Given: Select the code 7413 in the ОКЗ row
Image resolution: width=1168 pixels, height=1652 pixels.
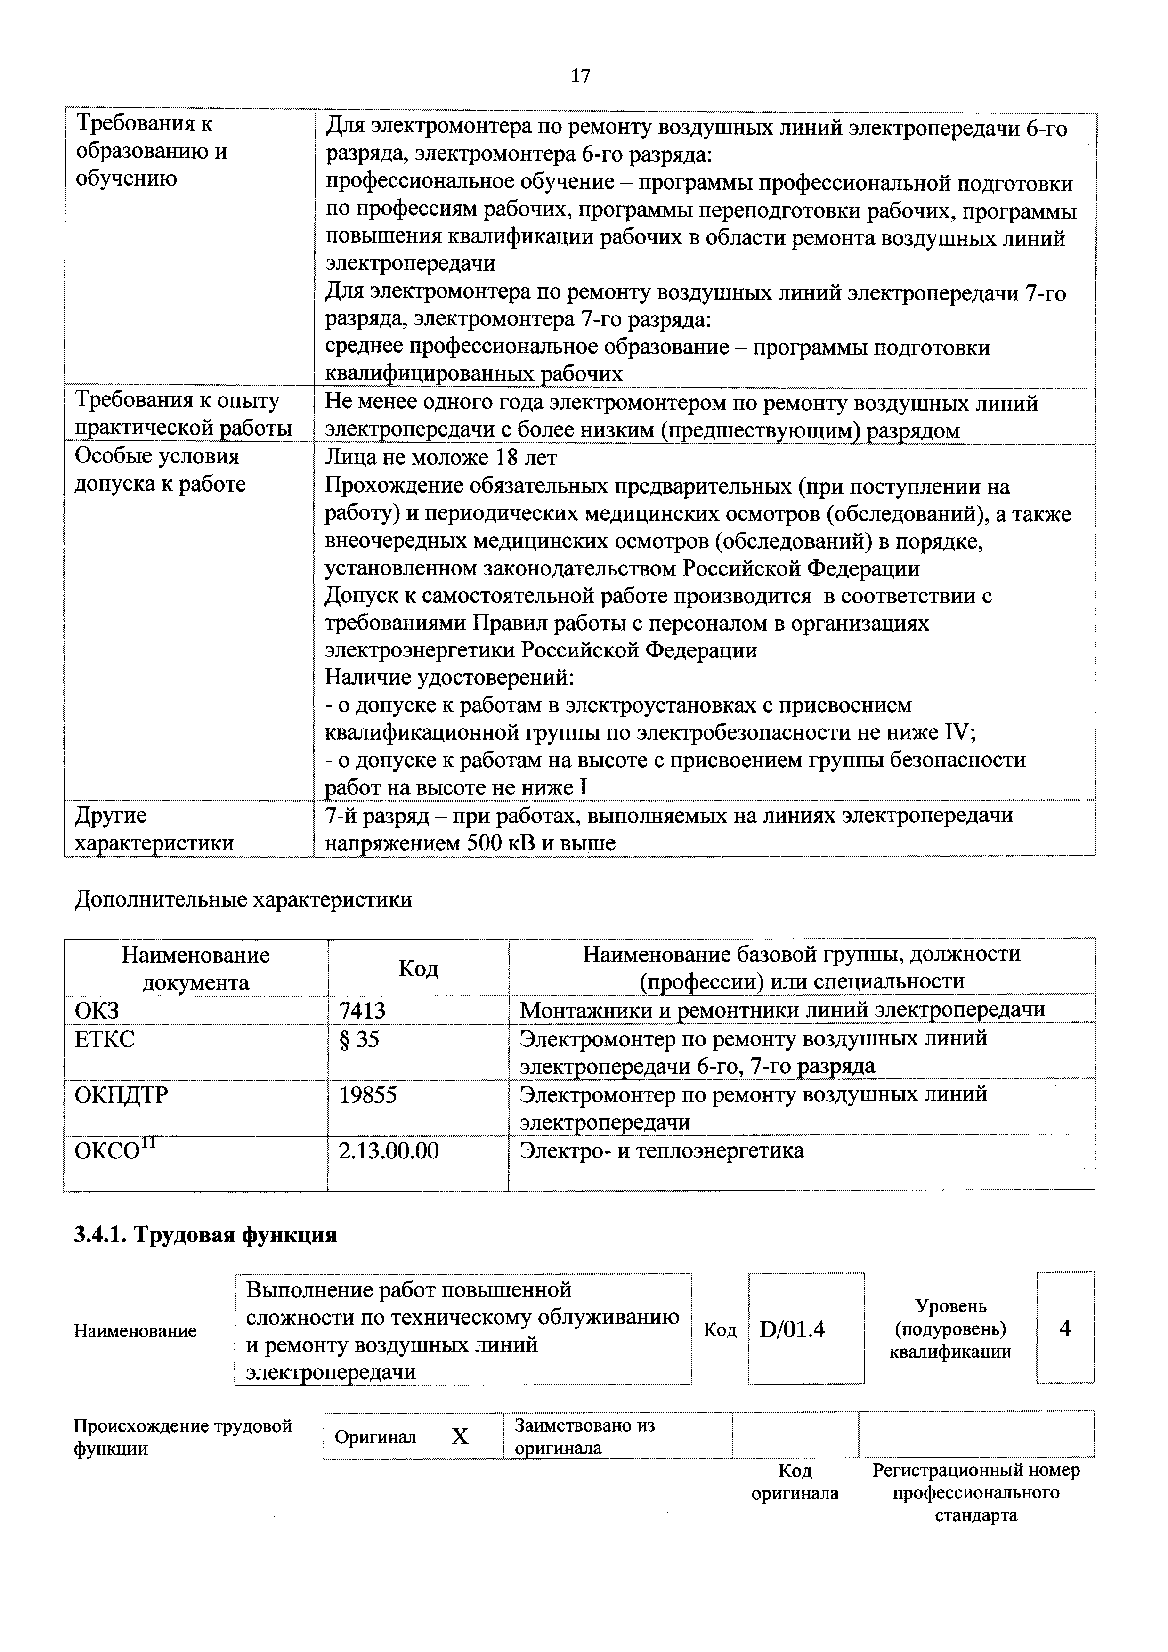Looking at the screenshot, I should [362, 1010].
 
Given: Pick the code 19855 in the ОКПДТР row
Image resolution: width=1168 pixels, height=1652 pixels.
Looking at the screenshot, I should [368, 1095].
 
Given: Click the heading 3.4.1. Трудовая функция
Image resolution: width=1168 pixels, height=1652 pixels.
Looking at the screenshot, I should [205, 1235].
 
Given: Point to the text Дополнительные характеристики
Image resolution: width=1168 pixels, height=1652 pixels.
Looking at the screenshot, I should [243, 900].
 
